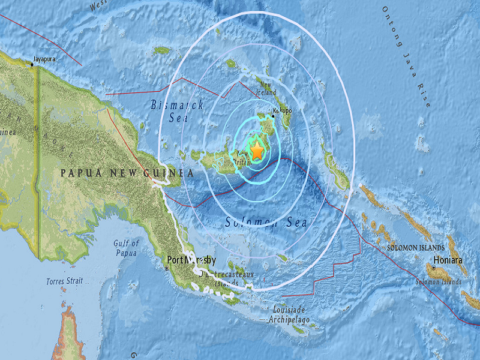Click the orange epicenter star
(x=257, y=151)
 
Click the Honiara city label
(x=449, y=261)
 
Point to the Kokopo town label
(x=283, y=111)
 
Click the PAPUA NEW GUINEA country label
(x=127, y=173)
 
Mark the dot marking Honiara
(x=432, y=262)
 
